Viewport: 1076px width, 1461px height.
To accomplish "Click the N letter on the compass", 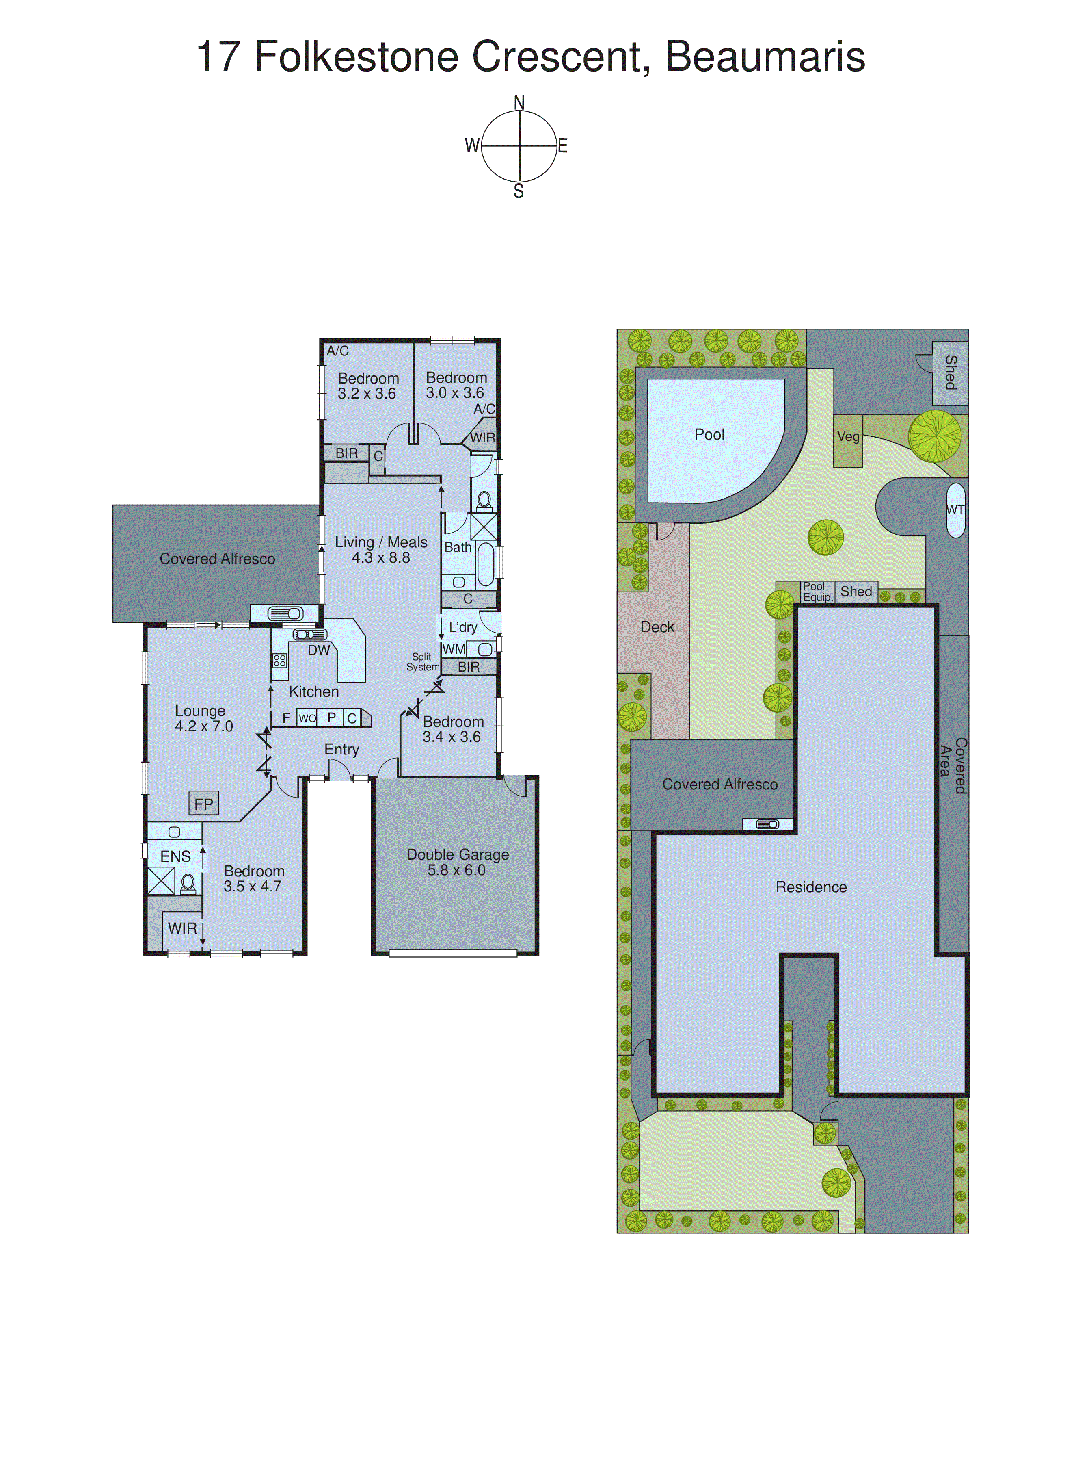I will tap(519, 103).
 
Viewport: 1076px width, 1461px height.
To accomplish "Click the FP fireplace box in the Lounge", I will tap(203, 804).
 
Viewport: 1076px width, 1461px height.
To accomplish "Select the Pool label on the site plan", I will tap(709, 435).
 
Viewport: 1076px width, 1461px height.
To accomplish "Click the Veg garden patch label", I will tap(848, 437).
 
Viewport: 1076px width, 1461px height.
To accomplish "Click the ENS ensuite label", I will tap(175, 857).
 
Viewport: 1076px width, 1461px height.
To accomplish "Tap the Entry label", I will tap(342, 750).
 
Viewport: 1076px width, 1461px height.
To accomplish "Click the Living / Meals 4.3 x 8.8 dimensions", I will tap(381, 558).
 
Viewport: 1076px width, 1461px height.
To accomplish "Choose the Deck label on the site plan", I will tap(657, 627).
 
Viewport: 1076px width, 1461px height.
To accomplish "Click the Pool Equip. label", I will tap(817, 592).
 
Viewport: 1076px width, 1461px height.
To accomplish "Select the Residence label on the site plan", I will tap(811, 887).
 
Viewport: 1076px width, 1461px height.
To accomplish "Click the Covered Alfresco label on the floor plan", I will tap(218, 559).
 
